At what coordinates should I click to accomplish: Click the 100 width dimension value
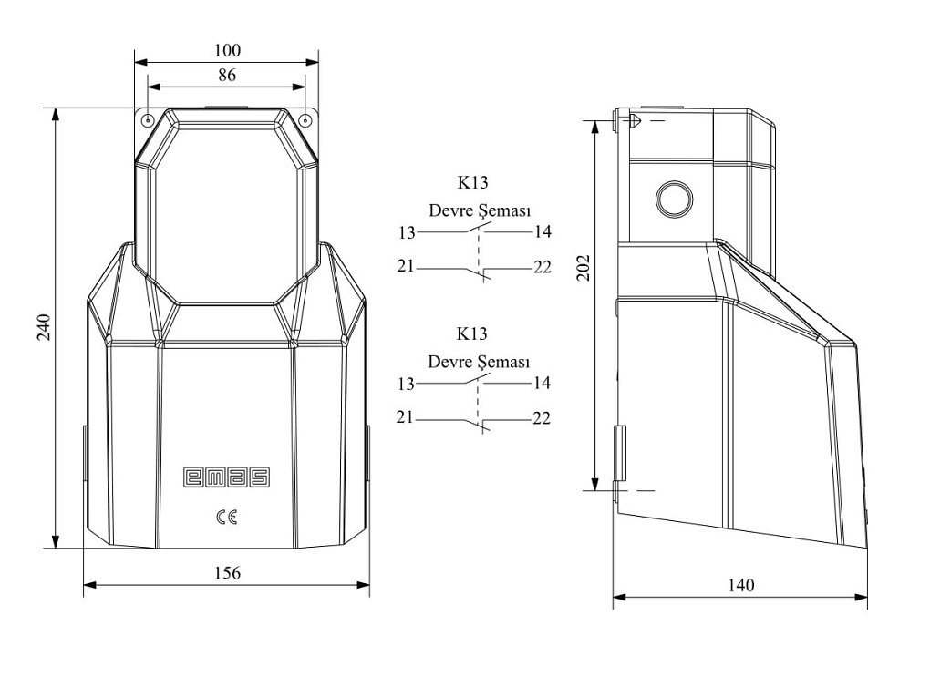point(227,50)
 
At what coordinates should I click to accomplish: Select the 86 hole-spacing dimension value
point(226,75)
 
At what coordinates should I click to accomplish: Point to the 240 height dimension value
point(45,326)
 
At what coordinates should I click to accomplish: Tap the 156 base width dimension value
point(227,572)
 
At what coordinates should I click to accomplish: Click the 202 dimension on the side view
point(584,267)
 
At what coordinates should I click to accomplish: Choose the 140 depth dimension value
point(740,585)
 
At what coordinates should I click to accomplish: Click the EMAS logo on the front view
point(226,477)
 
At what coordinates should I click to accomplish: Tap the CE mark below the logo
point(227,518)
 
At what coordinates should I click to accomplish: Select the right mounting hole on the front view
point(305,120)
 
